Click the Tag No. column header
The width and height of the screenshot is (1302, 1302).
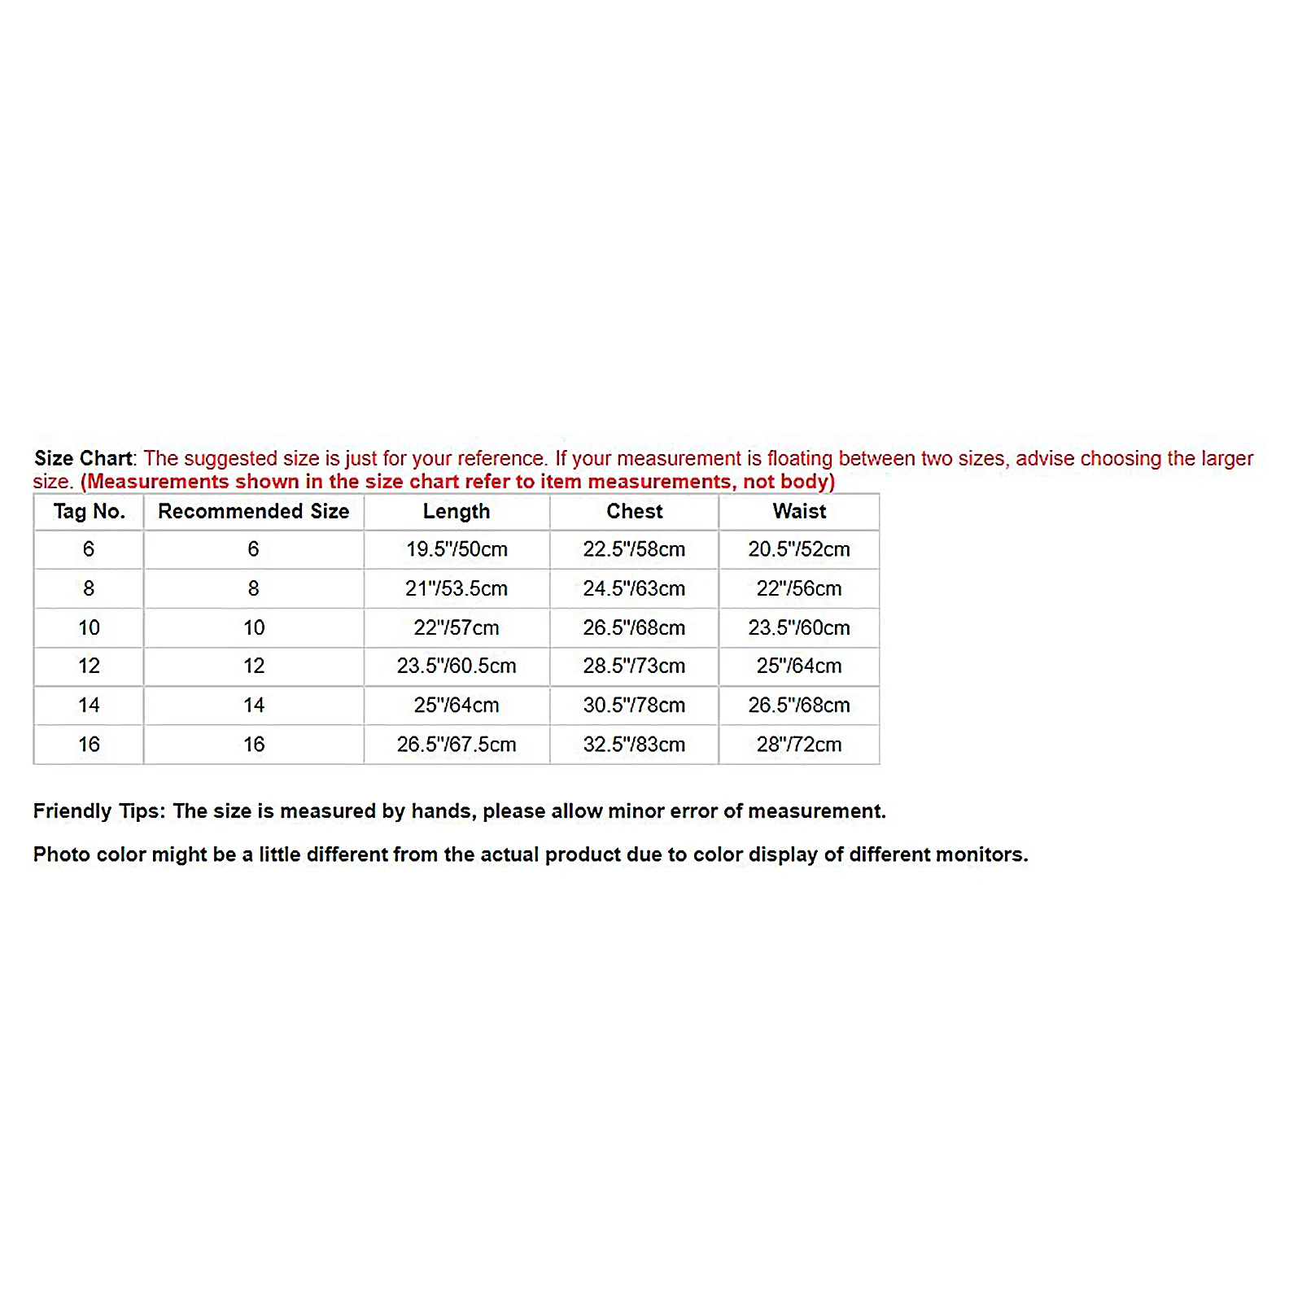tap(89, 512)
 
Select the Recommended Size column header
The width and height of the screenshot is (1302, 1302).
tap(253, 512)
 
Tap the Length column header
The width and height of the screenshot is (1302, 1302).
tap(457, 512)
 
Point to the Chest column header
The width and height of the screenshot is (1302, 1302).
tap(634, 512)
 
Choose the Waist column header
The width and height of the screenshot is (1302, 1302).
tap(799, 512)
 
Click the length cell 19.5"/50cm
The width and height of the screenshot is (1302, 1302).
tap(457, 549)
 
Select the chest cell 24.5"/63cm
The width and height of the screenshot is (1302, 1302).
tap(634, 588)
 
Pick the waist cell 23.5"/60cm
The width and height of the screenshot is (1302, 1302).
tap(799, 627)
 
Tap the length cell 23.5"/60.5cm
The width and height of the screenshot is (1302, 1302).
tap(457, 666)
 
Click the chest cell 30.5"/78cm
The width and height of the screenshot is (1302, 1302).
tap(634, 705)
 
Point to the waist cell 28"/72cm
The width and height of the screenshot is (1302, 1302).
tap(799, 744)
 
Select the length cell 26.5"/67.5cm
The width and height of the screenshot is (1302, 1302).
tap(457, 744)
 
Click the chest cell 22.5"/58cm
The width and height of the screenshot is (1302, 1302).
tap(634, 549)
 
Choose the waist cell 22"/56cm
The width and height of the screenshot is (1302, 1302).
tap(799, 588)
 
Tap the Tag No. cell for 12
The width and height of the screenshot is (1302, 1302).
tap(89, 666)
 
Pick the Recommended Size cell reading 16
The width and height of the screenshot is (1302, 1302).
tap(253, 744)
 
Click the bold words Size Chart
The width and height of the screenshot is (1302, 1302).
tap(83, 458)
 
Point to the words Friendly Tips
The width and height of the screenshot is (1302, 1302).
tap(98, 811)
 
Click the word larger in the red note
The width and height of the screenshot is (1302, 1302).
tap(1226, 459)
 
